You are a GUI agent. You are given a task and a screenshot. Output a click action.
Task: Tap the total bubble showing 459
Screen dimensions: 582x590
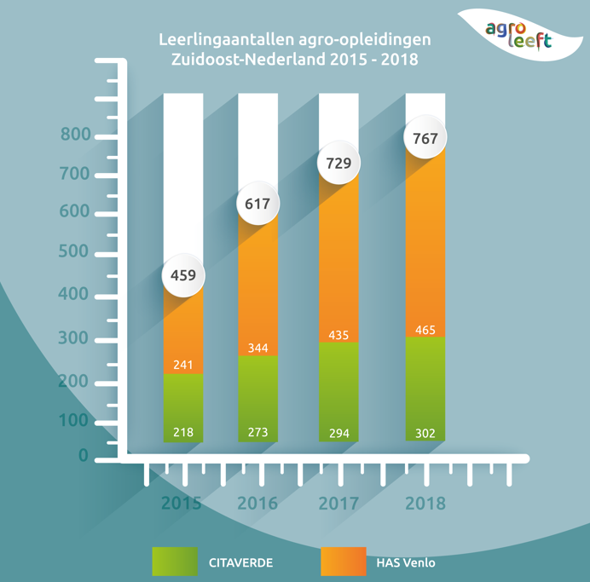tap(183, 275)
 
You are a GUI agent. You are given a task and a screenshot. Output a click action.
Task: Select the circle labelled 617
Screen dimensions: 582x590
tap(257, 204)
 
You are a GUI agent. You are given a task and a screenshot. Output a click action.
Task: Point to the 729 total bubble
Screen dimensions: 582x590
tap(338, 163)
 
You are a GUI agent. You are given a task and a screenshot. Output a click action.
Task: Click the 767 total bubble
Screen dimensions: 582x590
tap(425, 137)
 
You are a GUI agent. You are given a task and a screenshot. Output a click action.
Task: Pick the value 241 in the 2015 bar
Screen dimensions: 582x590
tap(182, 365)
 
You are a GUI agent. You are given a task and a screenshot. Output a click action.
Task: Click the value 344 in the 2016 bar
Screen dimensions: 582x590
tap(257, 348)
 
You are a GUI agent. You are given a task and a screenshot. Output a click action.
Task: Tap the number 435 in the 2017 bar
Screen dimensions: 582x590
tap(338, 335)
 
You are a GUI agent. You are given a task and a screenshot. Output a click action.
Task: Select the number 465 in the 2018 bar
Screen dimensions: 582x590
tap(425, 329)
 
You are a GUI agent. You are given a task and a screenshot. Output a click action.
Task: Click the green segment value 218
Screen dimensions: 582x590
tap(182, 433)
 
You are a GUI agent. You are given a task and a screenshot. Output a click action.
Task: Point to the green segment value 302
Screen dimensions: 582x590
tap(425, 434)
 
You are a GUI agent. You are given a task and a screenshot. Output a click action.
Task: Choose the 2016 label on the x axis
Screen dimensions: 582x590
tap(257, 504)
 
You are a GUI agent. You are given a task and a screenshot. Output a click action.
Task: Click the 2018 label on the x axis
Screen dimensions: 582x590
tap(425, 504)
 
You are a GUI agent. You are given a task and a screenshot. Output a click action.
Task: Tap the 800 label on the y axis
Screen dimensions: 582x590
tap(76, 135)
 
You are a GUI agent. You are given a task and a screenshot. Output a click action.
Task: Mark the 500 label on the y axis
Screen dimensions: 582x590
tap(76, 253)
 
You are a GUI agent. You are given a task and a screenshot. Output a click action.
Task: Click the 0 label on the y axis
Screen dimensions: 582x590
tap(84, 456)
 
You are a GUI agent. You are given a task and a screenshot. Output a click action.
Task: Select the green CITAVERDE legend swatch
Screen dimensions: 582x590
tap(175, 562)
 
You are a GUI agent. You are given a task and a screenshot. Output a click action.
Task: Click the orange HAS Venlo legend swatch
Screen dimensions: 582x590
tap(344, 562)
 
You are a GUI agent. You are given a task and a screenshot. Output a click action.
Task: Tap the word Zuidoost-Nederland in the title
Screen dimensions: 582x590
tap(233, 61)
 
